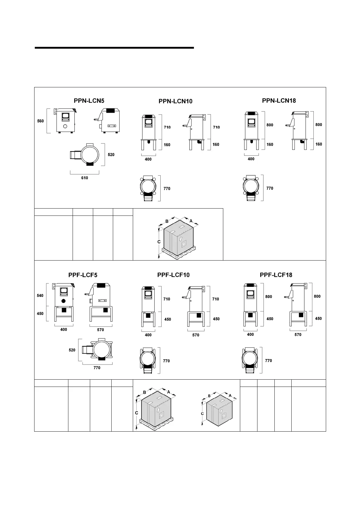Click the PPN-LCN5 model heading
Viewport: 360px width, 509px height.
[x=89, y=101]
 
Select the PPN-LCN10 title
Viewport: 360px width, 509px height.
[x=175, y=101]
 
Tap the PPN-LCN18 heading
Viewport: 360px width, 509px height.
[x=279, y=101]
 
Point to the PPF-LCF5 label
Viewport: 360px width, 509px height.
[x=83, y=275]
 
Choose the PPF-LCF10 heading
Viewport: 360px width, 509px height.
[x=173, y=275]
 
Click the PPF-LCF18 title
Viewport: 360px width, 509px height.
[x=276, y=275]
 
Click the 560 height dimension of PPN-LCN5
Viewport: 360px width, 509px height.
[x=41, y=121]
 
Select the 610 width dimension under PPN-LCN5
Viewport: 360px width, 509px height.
[x=84, y=178]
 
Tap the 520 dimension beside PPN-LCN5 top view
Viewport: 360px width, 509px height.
[x=111, y=155]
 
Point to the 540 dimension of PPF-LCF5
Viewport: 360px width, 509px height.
[x=40, y=296]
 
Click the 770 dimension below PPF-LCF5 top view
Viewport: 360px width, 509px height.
[x=97, y=368]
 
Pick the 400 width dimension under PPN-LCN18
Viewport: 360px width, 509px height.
[x=251, y=159]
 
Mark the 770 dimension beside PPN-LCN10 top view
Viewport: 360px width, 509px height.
[x=167, y=189]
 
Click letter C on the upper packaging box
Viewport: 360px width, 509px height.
[x=159, y=242]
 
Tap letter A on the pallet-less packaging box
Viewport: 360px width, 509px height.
[x=230, y=395]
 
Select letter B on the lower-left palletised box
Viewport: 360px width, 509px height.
[x=145, y=392]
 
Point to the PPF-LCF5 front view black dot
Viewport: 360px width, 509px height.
[x=64, y=301]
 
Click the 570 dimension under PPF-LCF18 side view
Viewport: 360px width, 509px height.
[x=298, y=335]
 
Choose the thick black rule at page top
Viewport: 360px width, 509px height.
[x=114, y=48]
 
